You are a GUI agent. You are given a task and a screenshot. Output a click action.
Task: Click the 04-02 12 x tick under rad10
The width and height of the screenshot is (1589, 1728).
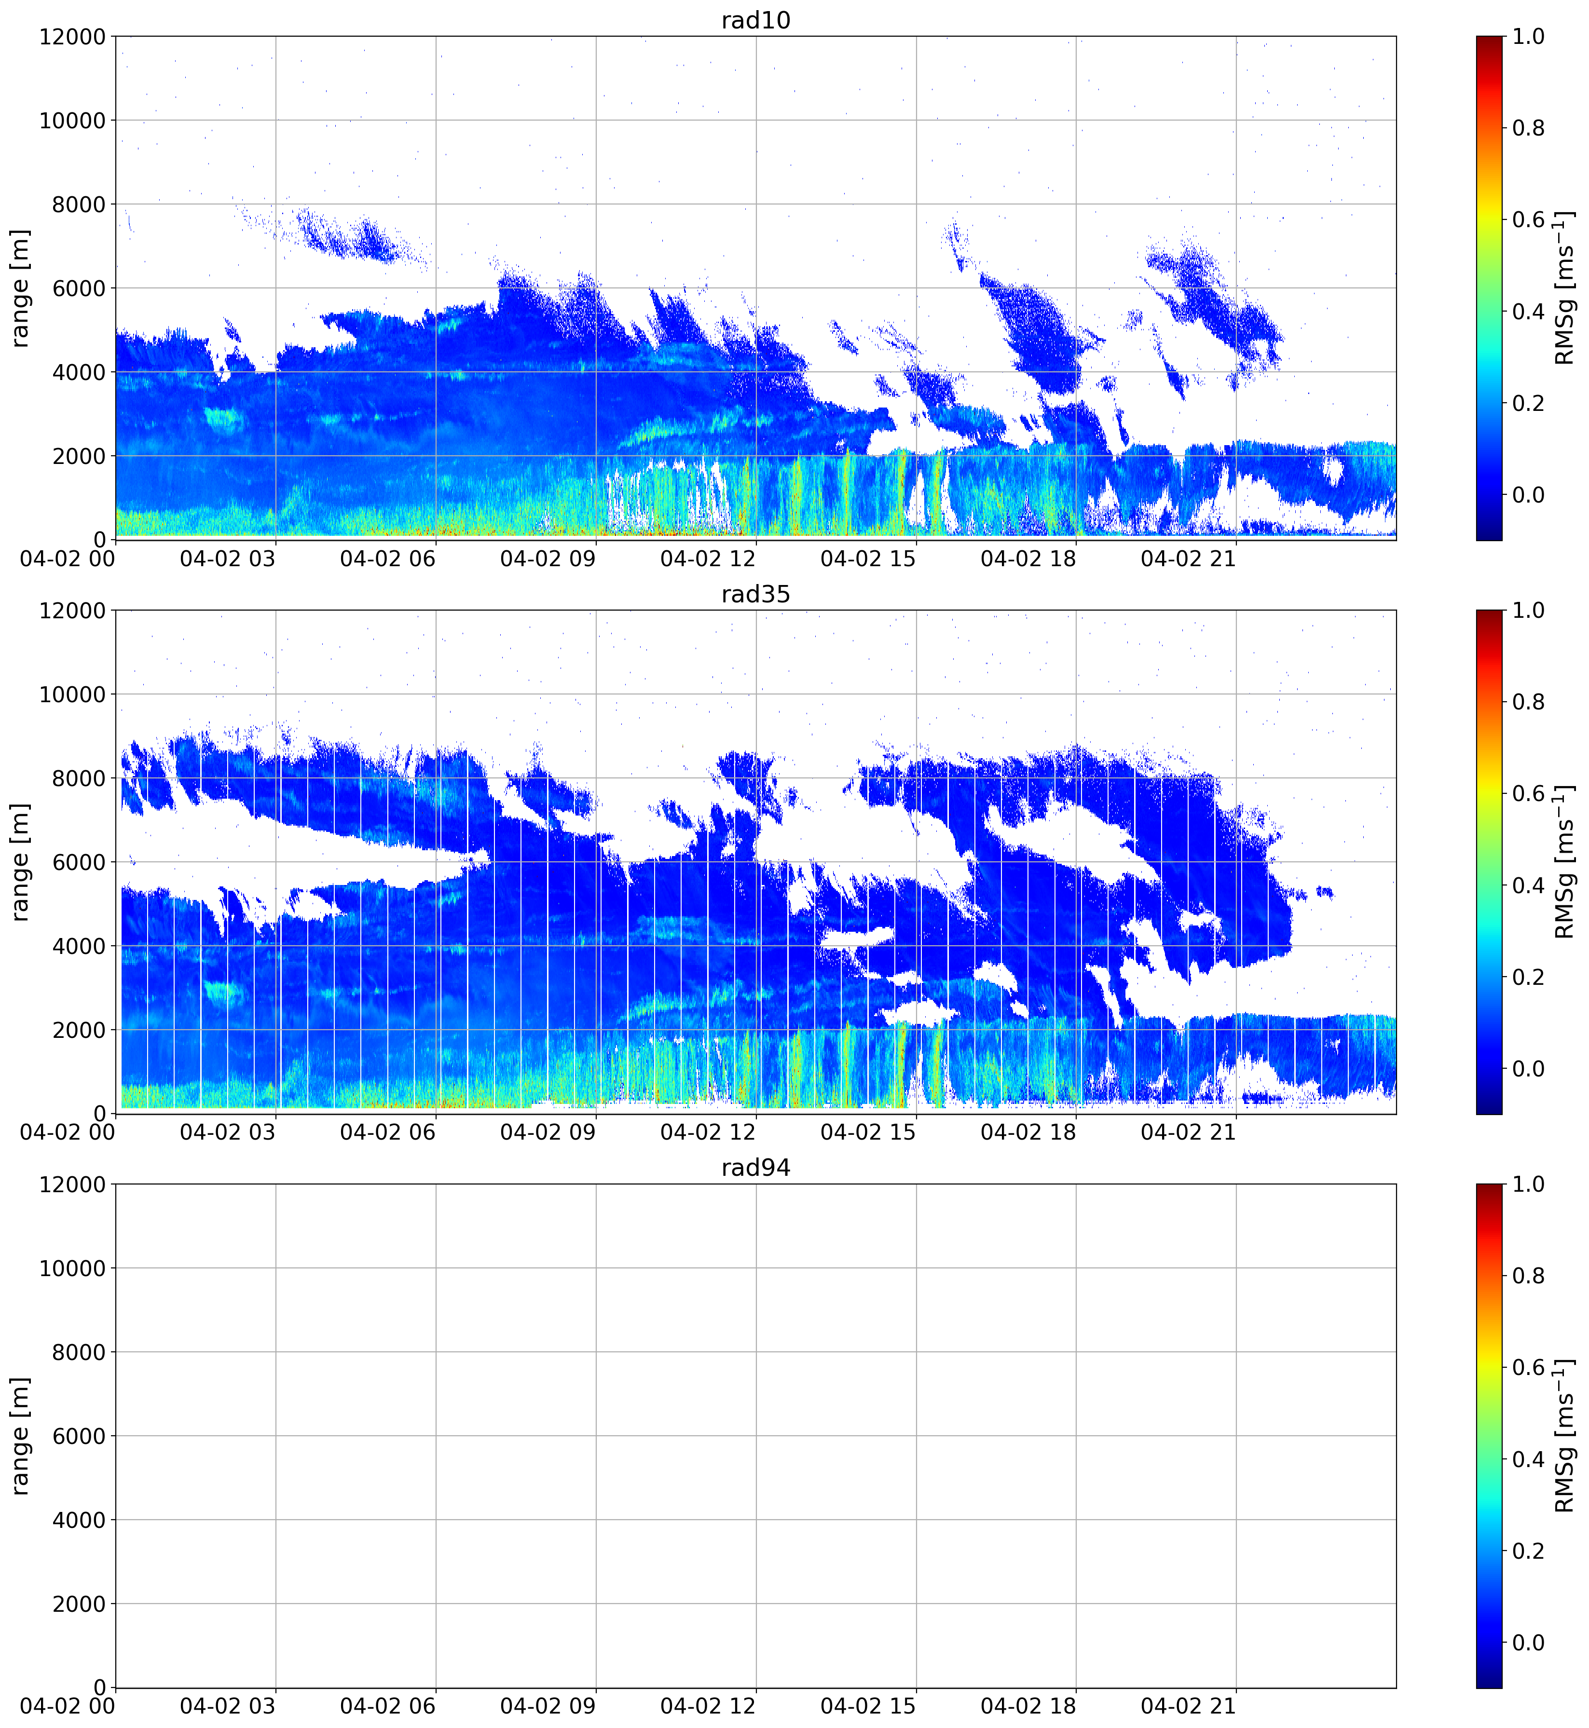point(708,559)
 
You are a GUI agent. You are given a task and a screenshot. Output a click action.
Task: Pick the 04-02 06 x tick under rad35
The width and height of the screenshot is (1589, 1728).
point(388,1132)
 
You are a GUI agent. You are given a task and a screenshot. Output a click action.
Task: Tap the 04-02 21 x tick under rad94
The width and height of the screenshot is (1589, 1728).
point(1188,1706)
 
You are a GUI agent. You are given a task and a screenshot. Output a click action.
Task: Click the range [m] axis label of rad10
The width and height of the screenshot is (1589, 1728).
point(20,288)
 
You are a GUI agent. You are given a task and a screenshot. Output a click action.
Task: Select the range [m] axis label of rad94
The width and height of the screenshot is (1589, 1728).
point(20,1436)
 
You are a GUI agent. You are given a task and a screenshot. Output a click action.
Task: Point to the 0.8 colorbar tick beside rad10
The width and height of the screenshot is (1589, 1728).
point(1528,128)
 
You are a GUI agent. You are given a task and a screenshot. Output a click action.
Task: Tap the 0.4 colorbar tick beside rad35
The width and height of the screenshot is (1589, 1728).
point(1528,885)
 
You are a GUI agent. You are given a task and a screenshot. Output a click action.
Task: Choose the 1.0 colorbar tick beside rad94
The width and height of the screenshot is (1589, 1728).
point(1528,1184)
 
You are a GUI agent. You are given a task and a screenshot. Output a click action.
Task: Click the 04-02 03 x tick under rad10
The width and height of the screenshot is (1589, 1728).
point(228,559)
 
